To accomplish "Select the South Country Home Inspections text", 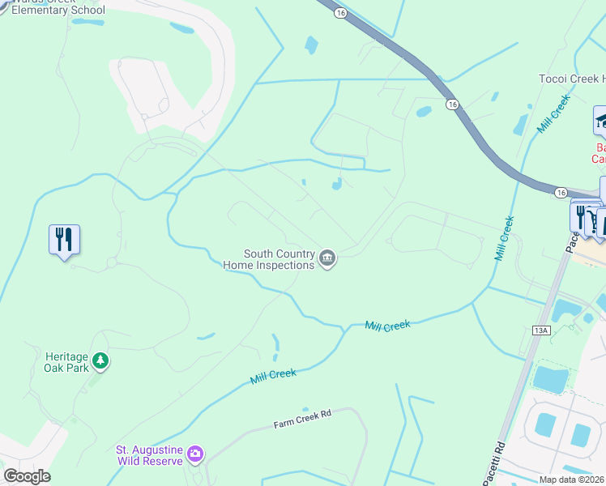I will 268,259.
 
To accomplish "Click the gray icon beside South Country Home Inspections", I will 327,259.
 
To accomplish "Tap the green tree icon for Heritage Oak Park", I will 100,360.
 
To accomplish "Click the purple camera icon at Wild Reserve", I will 194,454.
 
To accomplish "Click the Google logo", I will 27,476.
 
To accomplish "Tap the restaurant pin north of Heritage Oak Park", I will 64,240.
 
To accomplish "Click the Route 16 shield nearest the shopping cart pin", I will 561,192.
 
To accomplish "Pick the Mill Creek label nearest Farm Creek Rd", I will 273,377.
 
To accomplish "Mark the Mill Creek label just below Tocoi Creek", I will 554,114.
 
